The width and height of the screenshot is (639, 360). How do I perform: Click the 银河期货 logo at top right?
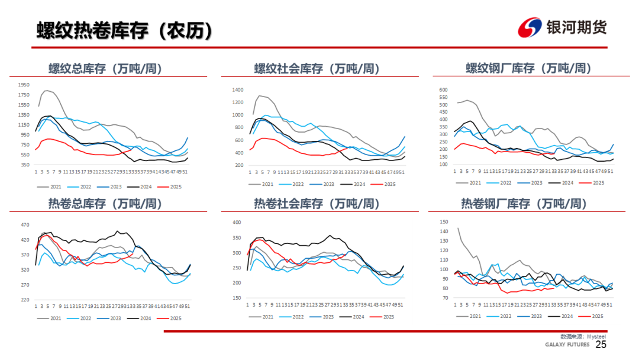pos(562,27)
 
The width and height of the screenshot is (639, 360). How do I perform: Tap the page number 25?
pos(601,345)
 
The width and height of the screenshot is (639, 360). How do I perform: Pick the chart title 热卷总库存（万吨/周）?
pos(105,204)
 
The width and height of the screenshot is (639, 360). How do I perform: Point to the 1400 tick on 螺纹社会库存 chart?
pos(238,90)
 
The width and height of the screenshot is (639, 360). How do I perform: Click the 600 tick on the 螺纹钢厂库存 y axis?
pos(443,90)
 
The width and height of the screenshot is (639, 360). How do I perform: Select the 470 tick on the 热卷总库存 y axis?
pos(25,225)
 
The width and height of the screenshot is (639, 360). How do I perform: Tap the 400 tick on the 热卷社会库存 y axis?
pos(237,223)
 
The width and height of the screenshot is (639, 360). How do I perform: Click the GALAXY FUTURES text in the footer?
pos(567,345)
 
